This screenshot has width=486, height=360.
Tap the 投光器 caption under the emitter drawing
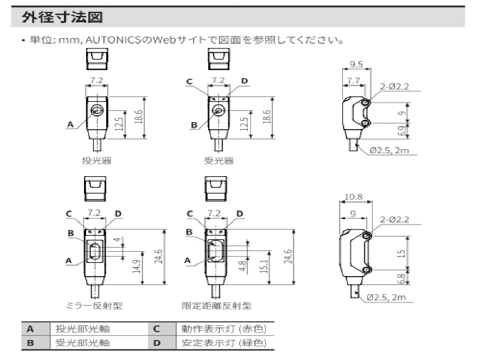pyautogui.click(x=97, y=160)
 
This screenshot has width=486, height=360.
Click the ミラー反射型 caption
pyautogui.click(x=93, y=305)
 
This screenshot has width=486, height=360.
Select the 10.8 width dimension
pyautogui.click(x=353, y=197)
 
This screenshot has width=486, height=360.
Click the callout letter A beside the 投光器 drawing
pyautogui.click(x=70, y=125)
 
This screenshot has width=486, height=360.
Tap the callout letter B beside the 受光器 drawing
pyautogui.click(x=194, y=125)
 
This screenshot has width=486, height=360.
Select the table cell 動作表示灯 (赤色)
pyautogui.click(x=224, y=329)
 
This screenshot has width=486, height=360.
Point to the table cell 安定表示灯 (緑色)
pyautogui.click(x=224, y=343)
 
